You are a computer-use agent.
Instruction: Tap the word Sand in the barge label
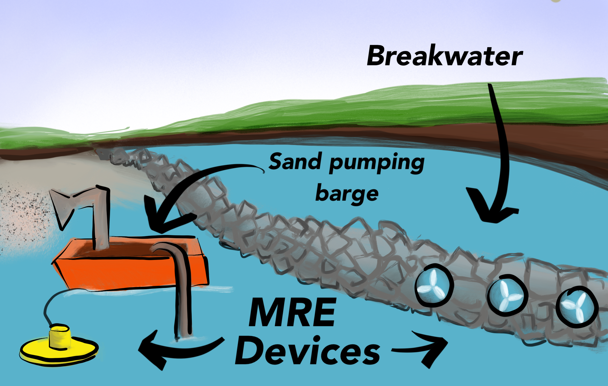295,162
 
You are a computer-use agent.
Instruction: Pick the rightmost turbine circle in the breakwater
577,307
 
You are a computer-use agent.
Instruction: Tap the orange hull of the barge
127,272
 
